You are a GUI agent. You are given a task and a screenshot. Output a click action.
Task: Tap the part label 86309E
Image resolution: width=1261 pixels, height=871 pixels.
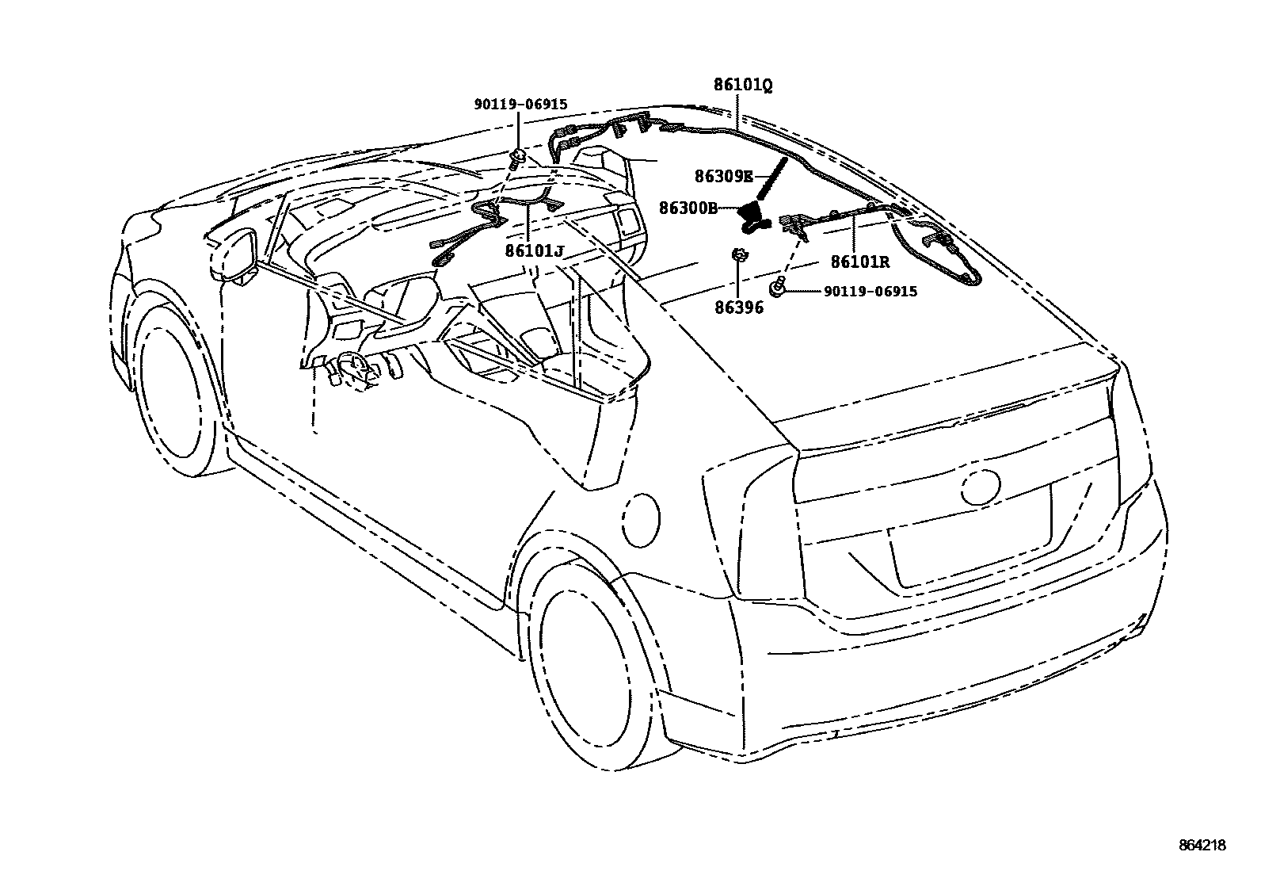coord(723,178)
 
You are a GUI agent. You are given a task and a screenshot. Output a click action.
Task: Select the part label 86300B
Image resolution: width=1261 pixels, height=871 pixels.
coord(688,208)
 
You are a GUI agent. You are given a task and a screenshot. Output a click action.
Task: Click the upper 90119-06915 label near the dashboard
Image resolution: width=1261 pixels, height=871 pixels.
coord(520,105)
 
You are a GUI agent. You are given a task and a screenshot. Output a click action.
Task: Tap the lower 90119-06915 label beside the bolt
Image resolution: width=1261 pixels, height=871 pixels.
coord(870,292)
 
